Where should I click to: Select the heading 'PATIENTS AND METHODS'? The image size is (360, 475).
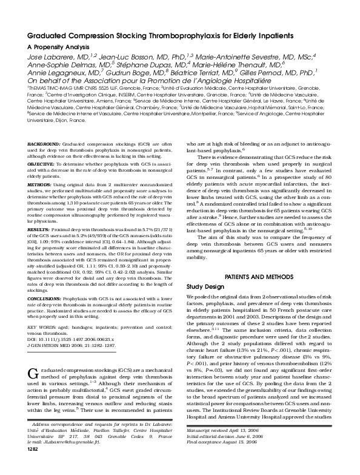(259, 276)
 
